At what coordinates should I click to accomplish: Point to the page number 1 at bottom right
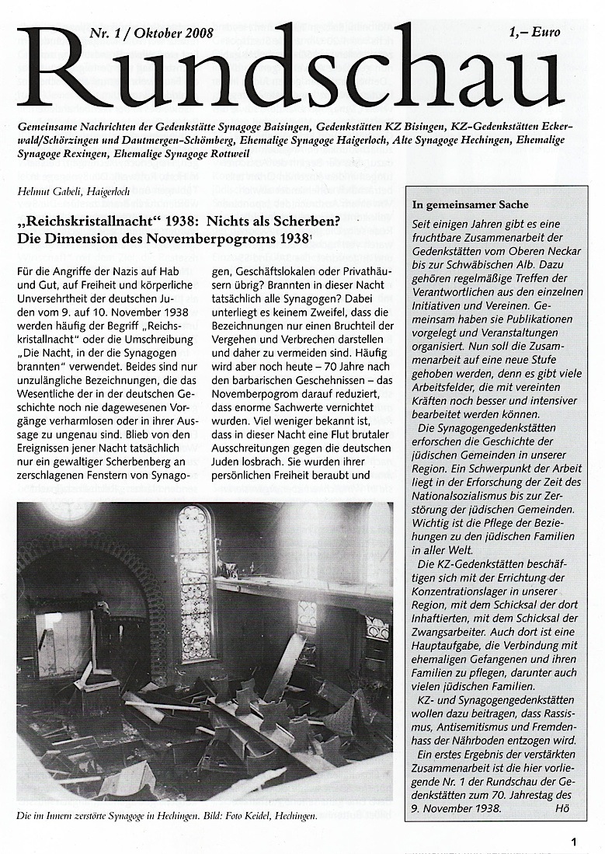tap(573, 841)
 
